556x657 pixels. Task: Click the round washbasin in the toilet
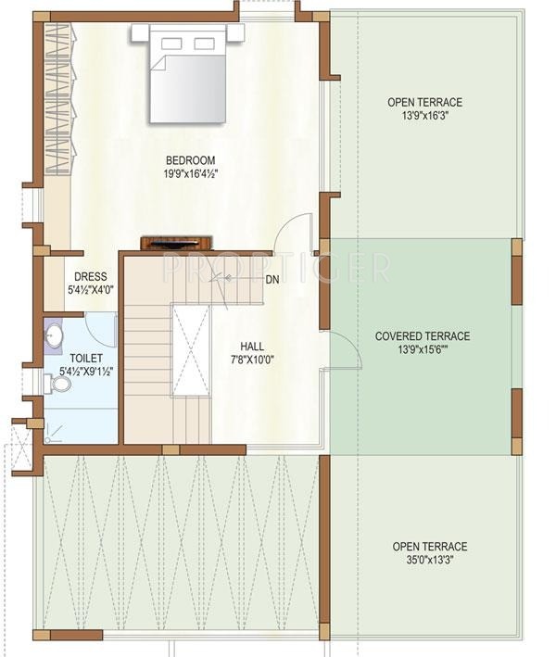point(53,335)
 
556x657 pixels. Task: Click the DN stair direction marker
point(272,279)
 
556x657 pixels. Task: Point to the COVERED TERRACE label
point(422,336)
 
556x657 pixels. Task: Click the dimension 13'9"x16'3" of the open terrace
point(425,116)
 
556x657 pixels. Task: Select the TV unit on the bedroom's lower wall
point(177,244)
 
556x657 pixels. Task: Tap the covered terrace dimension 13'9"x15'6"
point(423,350)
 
